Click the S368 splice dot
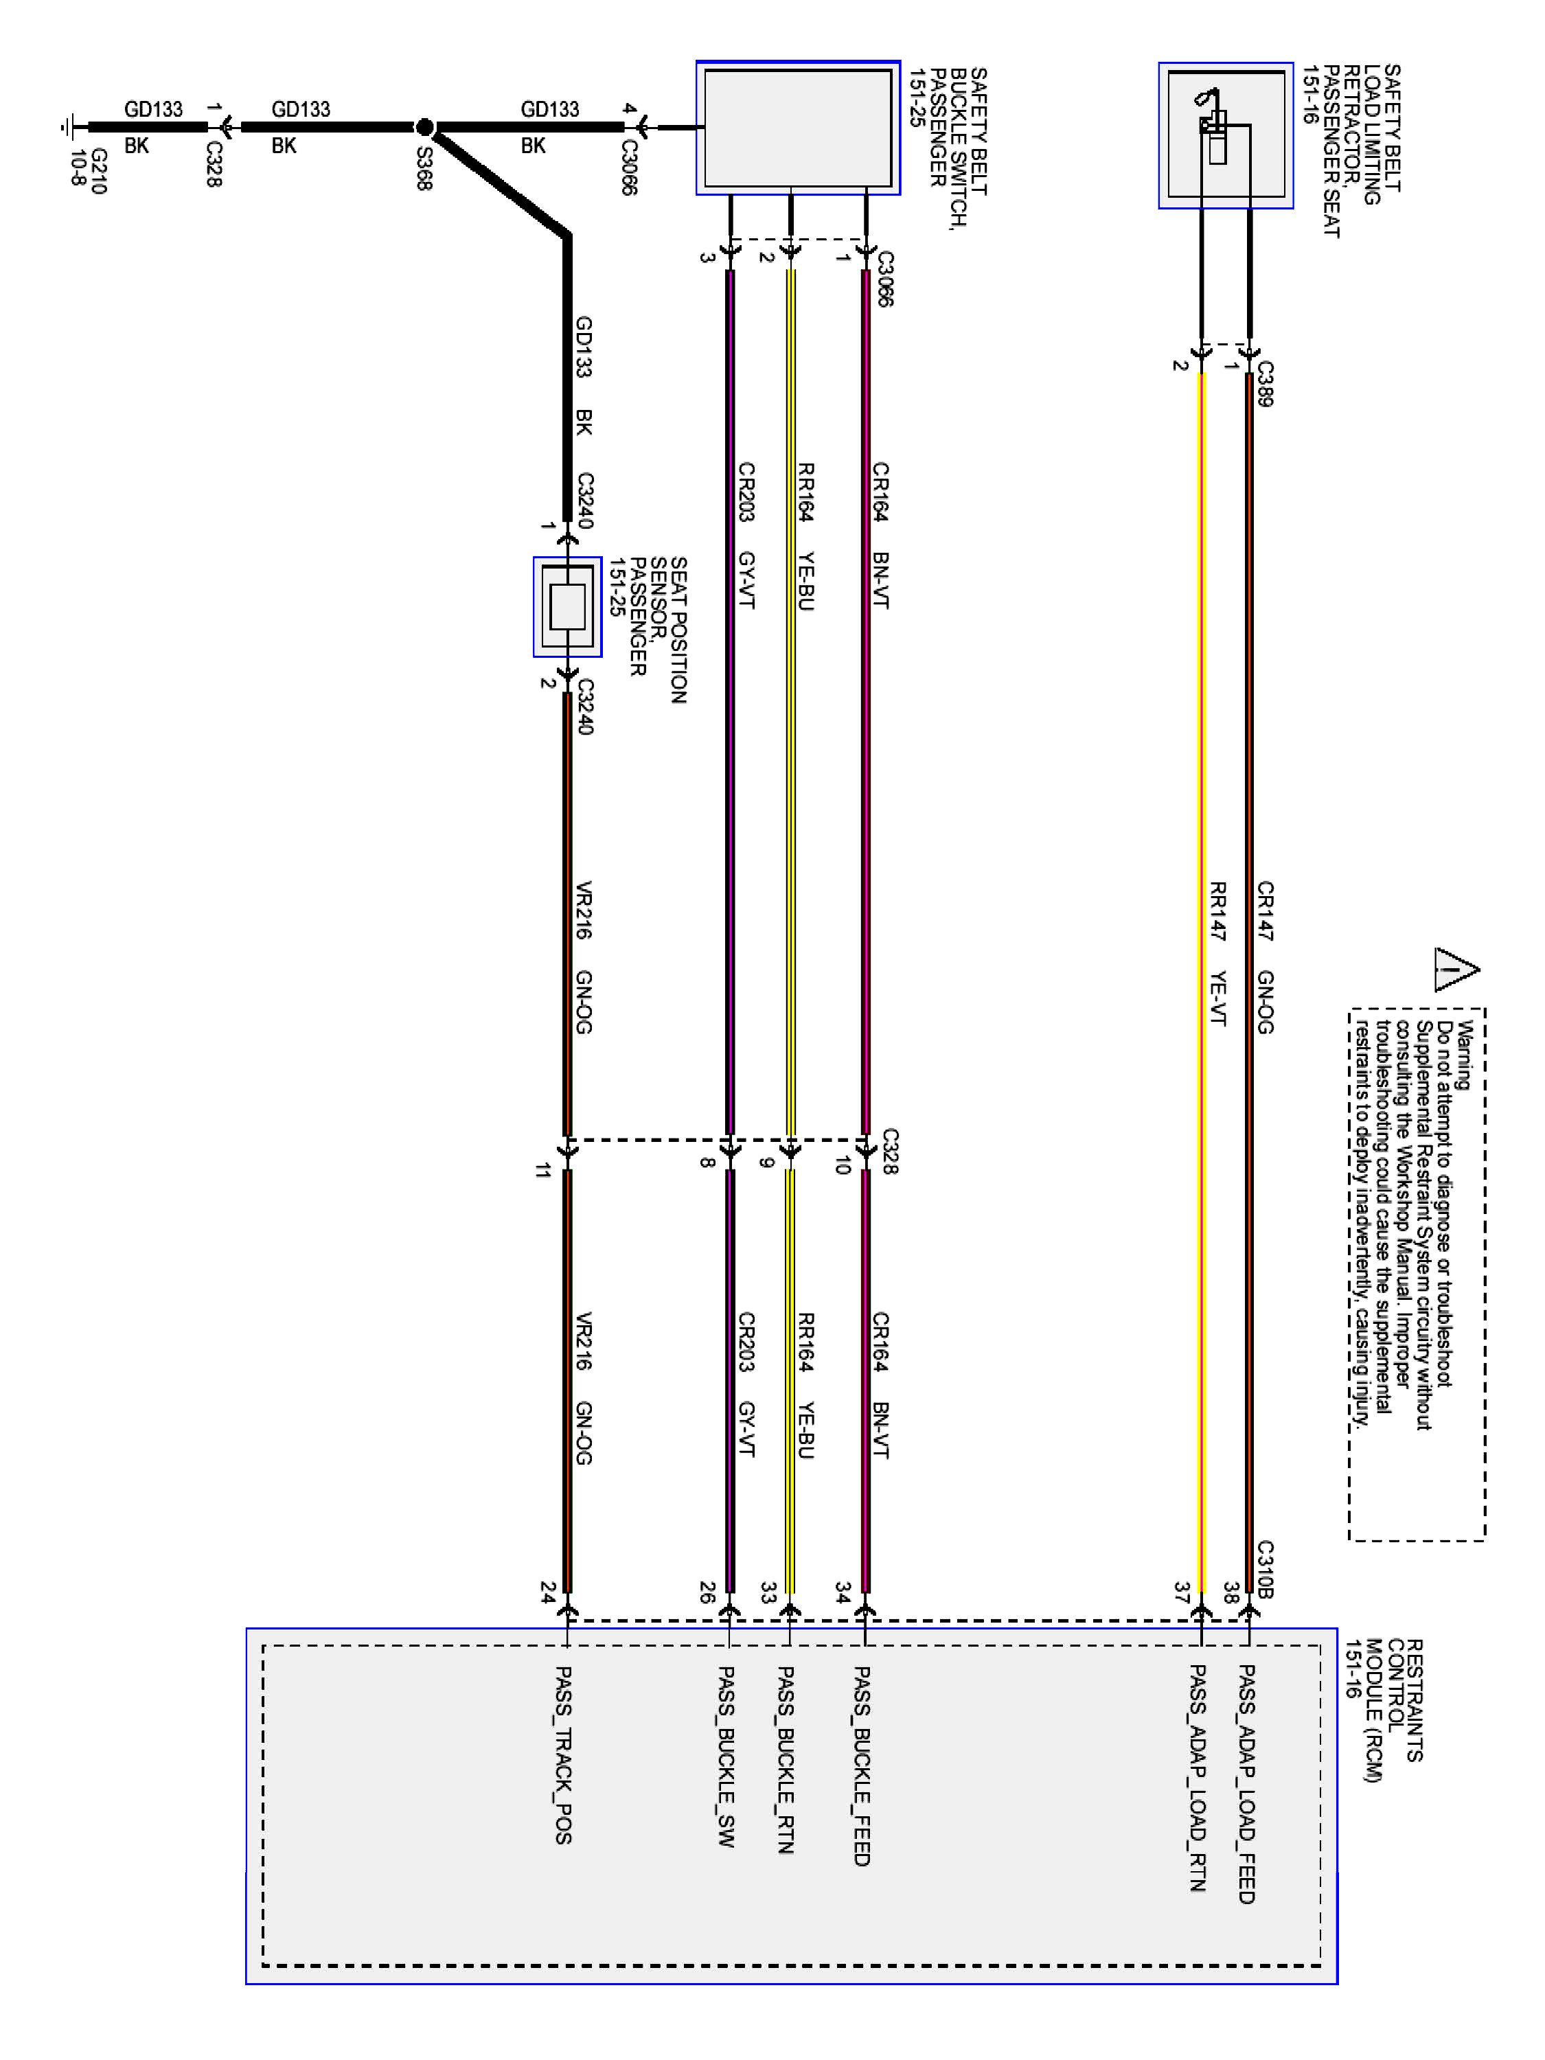pyautogui.click(x=424, y=126)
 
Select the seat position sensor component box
pyautogui.click(x=567, y=607)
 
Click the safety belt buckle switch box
pyautogui.click(x=798, y=128)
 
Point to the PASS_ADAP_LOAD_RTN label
pyautogui.click(x=1198, y=1778)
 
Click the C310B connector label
pyautogui.click(x=1265, y=1569)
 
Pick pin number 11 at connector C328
pyautogui.click(x=543, y=1171)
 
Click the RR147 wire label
pyautogui.click(x=1217, y=911)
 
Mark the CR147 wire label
pyautogui.click(x=1265, y=911)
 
